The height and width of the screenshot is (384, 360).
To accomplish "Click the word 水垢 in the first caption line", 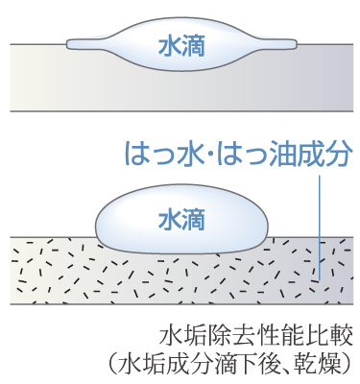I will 182,337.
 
